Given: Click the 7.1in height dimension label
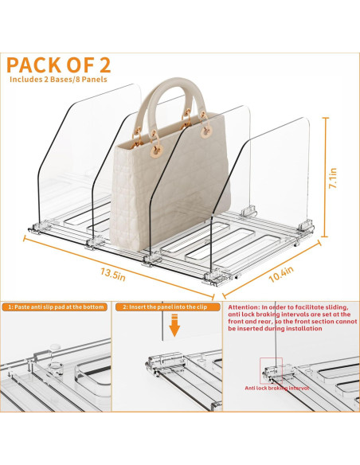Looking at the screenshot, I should point(338,174).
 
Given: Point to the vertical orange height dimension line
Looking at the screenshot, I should point(324,175).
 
